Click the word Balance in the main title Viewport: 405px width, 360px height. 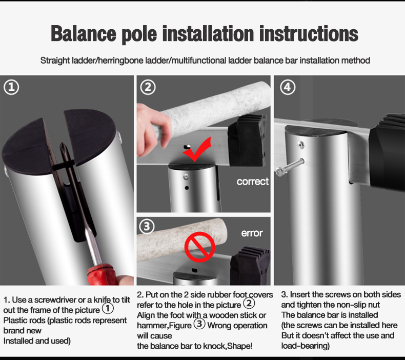click(83, 34)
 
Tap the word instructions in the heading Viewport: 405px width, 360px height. click(309, 34)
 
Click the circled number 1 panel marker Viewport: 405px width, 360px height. click(11, 87)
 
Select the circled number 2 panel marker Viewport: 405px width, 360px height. click(148, 87)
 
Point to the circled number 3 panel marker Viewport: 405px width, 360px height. click(147, 226)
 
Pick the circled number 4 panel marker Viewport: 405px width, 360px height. click(288, 87)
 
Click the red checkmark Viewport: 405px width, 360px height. click(197, 149)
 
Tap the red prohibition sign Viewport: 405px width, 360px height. click(199, 247)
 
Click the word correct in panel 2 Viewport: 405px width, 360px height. click(253, 182)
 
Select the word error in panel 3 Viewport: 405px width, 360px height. click(252, 233)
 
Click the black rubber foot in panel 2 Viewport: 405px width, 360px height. click(247, 141)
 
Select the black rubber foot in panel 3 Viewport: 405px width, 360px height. click(250, 266)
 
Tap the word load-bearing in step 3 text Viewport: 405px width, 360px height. click(306, 346)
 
